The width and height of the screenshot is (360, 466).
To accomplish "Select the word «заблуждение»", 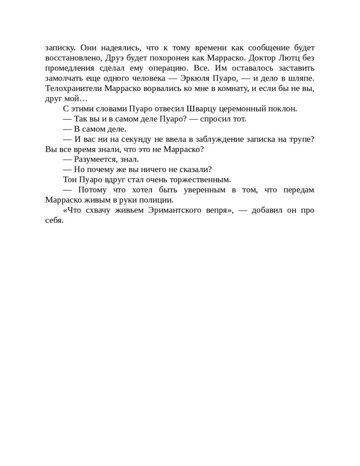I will coord(223,139).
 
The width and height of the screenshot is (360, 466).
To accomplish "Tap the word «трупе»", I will coord(301,139).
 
